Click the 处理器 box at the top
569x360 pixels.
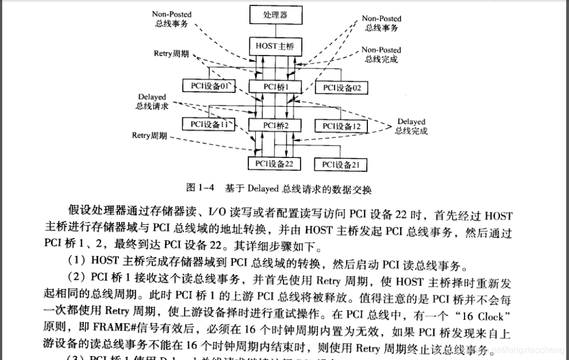pos(276,14)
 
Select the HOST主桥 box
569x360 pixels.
pos(275,46)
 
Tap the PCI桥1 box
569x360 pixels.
pos(275,87)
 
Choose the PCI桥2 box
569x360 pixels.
pos(275,126)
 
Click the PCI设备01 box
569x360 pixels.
pos(209,86)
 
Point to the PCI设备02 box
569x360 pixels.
pos(342,87)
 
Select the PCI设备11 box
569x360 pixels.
pos(209,125)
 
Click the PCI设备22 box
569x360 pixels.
pos(274,164)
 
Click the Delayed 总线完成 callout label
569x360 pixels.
pos(411,126)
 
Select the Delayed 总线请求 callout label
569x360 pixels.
pos(152,101)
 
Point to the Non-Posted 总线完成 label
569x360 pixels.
pos(381,55)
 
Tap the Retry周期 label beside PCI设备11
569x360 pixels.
pos(149,135)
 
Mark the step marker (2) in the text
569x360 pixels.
pos(77,281)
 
